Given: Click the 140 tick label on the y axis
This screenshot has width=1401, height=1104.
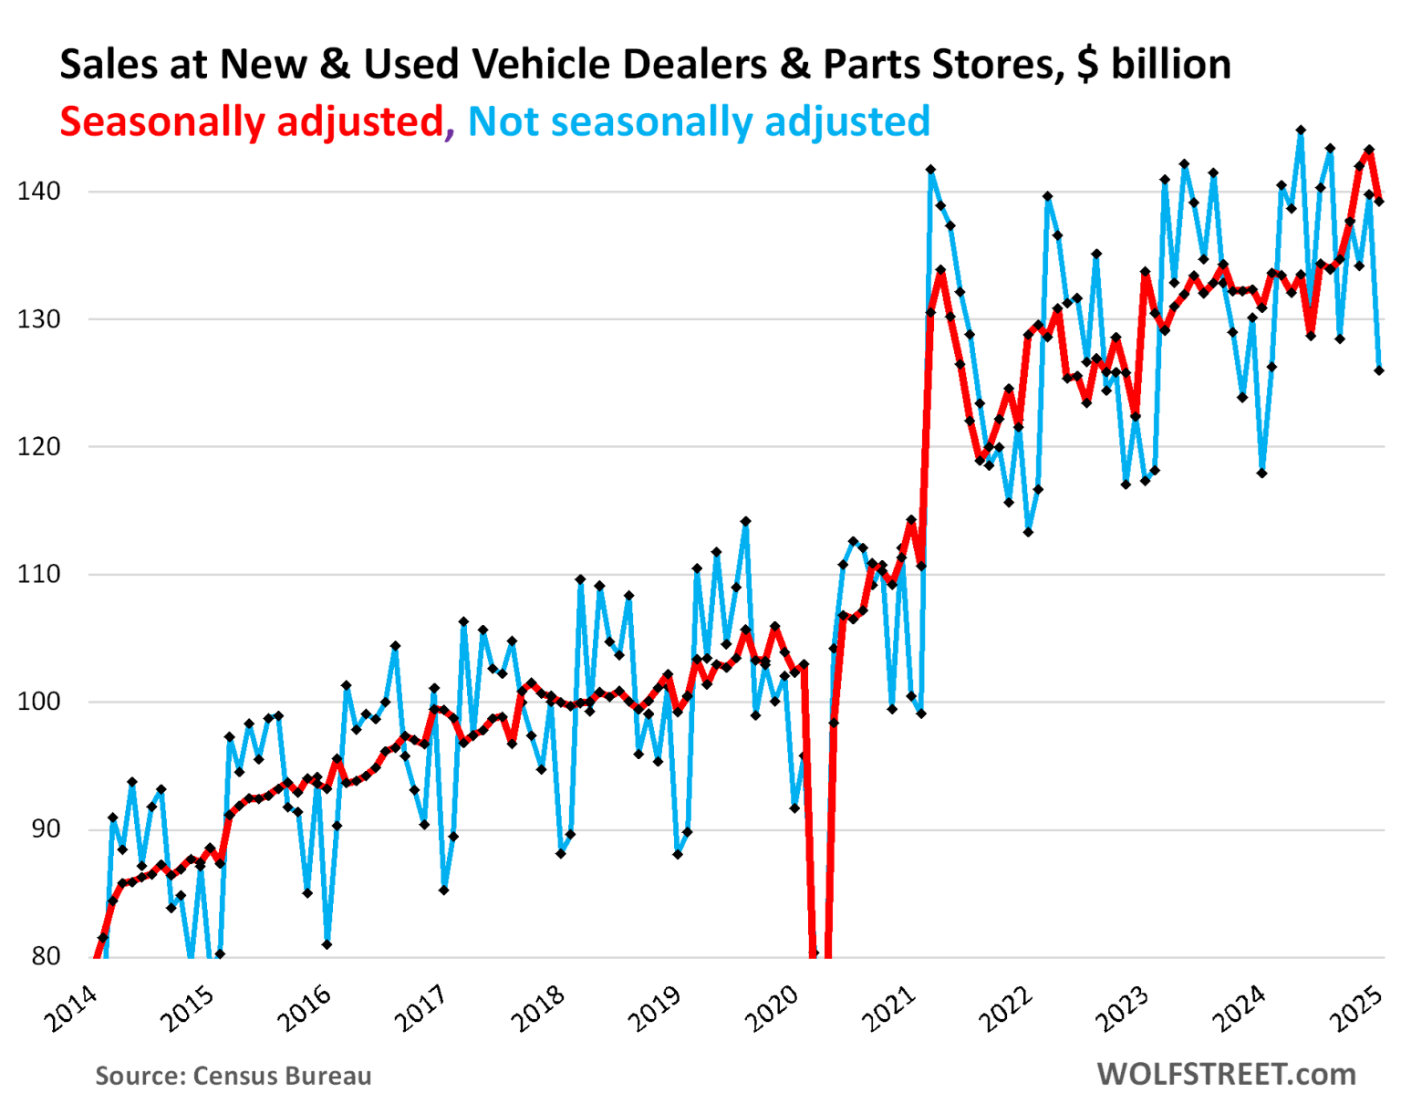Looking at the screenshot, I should coord(38,192).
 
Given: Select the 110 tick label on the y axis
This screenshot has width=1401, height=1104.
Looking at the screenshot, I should coord(38,574).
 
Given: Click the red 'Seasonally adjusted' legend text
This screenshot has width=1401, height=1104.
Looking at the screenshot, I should coord(251,121).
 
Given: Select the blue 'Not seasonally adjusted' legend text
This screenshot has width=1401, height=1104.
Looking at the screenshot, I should coord(699,121).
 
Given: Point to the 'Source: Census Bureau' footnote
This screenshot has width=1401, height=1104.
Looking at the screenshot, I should coord(233,1077).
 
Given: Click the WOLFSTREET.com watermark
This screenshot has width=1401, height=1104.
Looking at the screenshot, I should coord(1226,1074).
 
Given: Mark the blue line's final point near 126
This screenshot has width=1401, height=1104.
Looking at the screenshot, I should coord(1379,370).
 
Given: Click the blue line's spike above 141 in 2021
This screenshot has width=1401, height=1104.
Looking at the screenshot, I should coord(930,170).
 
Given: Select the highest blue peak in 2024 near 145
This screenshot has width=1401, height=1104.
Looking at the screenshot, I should coord(1301,130).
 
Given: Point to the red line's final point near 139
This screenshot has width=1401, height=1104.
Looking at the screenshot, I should coord(1379,202).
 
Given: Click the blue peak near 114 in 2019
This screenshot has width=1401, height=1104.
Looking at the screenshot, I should coord(745,521).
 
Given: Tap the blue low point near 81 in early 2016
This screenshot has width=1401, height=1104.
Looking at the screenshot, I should coord(327,944).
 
